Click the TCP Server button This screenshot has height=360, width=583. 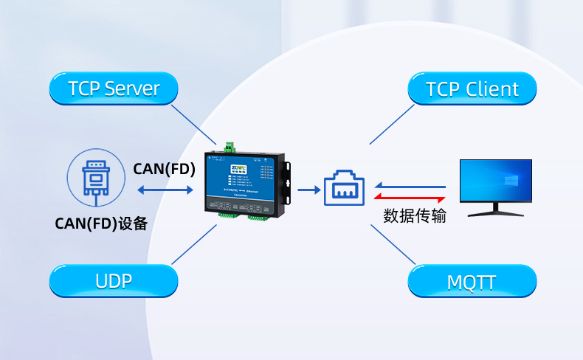(114, 89)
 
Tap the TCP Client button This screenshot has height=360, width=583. (472, 89)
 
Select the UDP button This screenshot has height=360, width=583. (114, 281)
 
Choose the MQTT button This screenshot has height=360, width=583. (472, 281)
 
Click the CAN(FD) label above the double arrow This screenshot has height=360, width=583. (164, 169)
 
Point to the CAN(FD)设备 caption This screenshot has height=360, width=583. (101, 223)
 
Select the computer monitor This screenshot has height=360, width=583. (495, 181)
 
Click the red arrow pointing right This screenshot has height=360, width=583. (410, 198)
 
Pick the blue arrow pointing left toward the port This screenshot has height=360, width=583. (410, 187)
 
